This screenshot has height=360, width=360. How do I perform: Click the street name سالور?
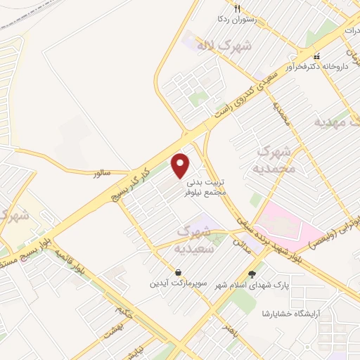coord(102,172)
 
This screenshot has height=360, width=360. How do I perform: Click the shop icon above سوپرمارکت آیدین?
coord(178,272)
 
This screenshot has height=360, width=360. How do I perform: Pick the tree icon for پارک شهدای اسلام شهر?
coord(252,274)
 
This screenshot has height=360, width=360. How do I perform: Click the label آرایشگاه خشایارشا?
coord(295,313)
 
